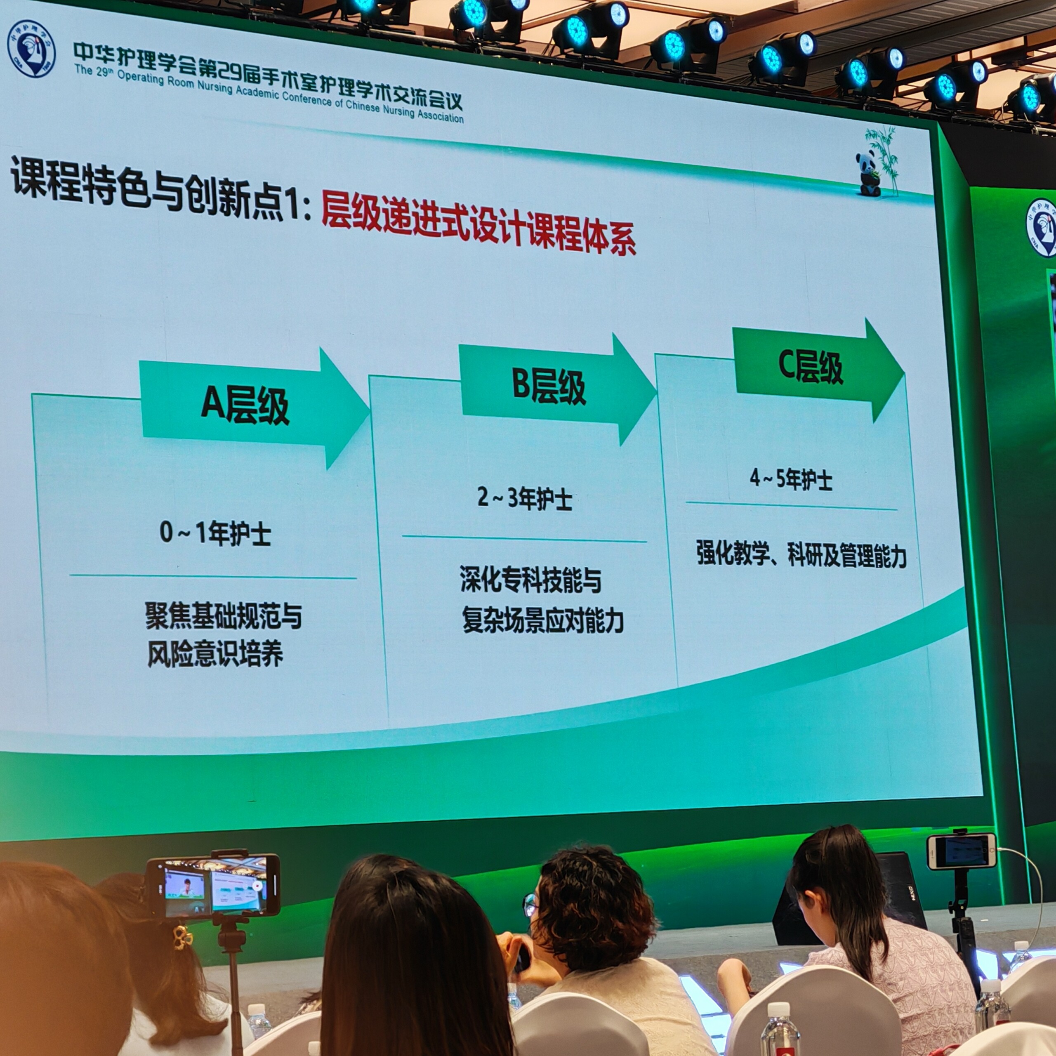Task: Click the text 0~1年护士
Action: [x=215, y=533]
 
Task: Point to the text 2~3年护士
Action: [x=525, y=498]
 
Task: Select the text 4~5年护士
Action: [x=791, y=479]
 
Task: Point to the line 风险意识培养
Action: [x=215, y=654]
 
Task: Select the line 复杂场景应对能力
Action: [x=543, y=620]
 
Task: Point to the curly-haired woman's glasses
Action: [x=530, y=905]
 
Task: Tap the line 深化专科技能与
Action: [x=530, y=580]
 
